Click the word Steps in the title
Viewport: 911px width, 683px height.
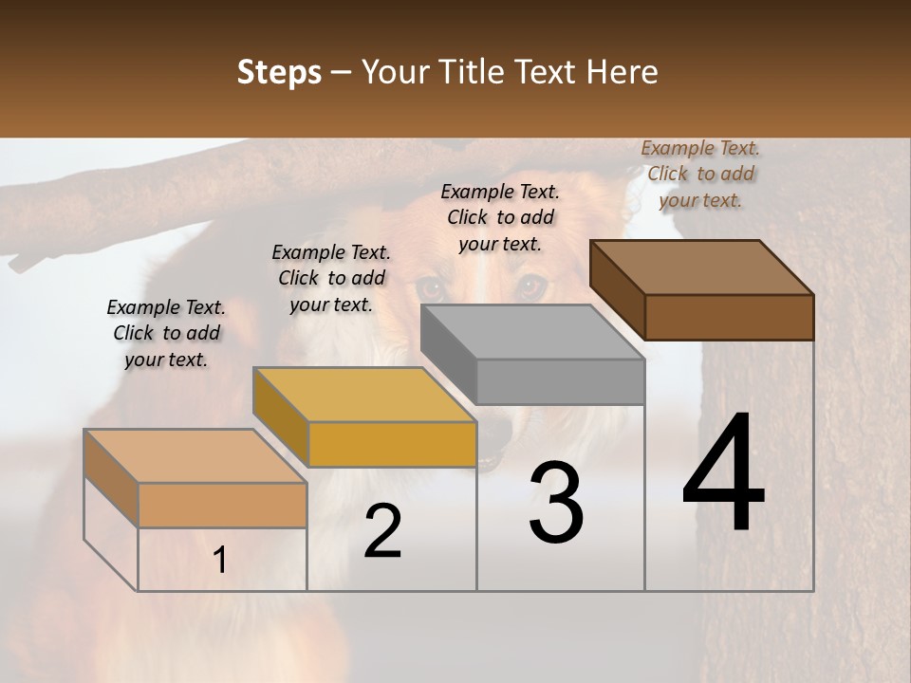pyautogui.click(x=279, y=72)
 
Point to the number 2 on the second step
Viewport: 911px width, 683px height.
pyautogui.click(x=382, y=531)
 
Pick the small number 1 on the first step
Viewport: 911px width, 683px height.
pyautogui.click(x=220, y=561)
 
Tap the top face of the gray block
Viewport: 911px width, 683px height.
pyautogui.click(x=532, y=332)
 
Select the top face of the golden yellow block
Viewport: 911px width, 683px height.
pyautogui.click(x=364, y=395)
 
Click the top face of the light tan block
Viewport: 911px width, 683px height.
pyautogui.click(x=195, y=456)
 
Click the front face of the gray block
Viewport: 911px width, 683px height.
pyautogui.click(x=560, y=382)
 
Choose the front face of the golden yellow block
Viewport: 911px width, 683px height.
pyautogui.click(x=392, y=444)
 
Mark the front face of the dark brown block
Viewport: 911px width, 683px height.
pyautogui.click(x=729, y=317)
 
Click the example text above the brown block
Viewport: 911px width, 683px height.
pyautogui.click(x=700, y=175)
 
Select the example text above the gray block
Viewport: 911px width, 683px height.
pyautogui.click(x=500, y=217)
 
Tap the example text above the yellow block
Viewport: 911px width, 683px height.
pyautogui.click(x=331, y=278)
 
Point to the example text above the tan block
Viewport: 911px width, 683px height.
pyautogui.click(x=166, y=333)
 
